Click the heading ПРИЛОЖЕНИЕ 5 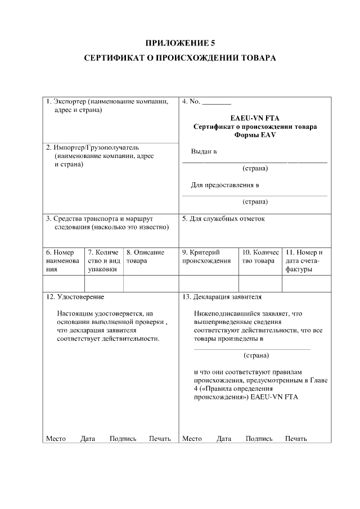tap(180, 43)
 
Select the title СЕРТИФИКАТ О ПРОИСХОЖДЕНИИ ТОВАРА tap(180, 58)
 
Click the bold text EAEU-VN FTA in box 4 tap(254, 118)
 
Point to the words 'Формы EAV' tap(254, 135)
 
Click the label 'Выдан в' tap(204, 152)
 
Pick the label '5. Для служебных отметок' tap(223, 219)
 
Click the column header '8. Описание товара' tap(145, 256)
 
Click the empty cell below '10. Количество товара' tap(260, 283)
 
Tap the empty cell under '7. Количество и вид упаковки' tap(103, 283)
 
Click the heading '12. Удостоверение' tap(75, 296)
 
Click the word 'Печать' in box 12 tap(160, 439)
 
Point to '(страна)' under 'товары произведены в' tap(256, 355)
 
